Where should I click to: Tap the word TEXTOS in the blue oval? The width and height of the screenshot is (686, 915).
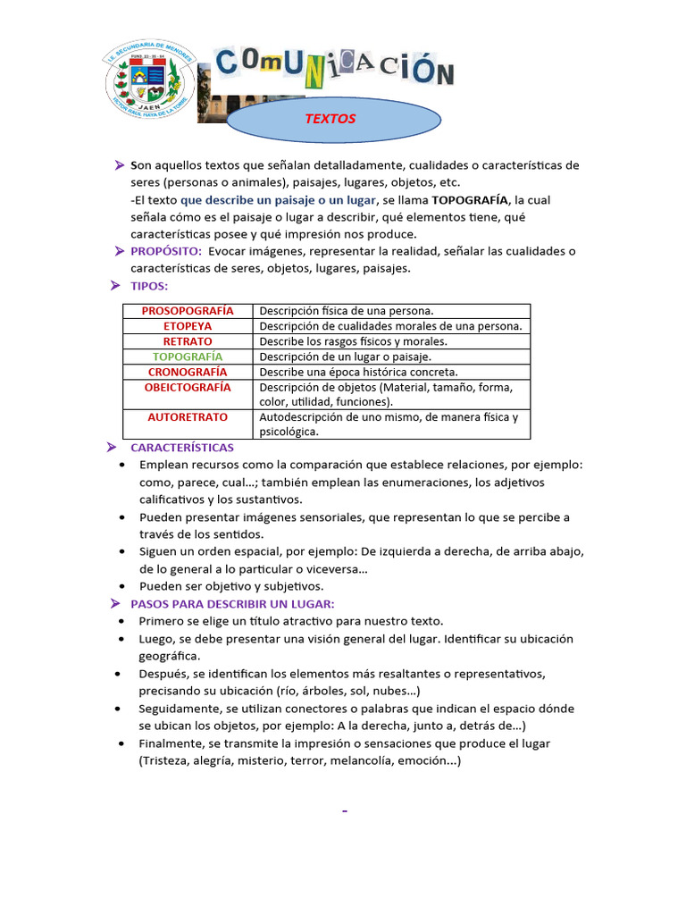(331, 118)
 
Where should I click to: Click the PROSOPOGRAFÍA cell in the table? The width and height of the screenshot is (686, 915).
(188, 311)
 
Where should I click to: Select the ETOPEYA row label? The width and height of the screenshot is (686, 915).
(188, 326)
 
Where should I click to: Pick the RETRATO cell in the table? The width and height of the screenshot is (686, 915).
(188, 341)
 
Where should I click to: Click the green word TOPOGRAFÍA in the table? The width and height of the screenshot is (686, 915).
(188, 357)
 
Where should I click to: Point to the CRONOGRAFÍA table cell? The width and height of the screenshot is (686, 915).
(188, 372)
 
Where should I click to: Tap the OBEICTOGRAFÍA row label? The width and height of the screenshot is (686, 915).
(188, 387)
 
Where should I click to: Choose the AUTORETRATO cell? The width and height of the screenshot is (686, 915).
(188, 417)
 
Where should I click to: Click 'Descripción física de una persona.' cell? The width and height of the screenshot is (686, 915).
(347, 311)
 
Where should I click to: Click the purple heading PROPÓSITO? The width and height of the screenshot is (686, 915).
(166, 251)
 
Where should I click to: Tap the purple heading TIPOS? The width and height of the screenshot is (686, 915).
(149, 286)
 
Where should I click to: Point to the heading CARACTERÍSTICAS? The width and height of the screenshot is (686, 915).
(182, 447)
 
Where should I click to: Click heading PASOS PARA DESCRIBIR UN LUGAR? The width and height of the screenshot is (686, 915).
(232, 604)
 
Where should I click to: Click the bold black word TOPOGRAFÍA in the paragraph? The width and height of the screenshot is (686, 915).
(470, 199)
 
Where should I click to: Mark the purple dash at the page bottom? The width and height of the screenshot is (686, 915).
(344, 811)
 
